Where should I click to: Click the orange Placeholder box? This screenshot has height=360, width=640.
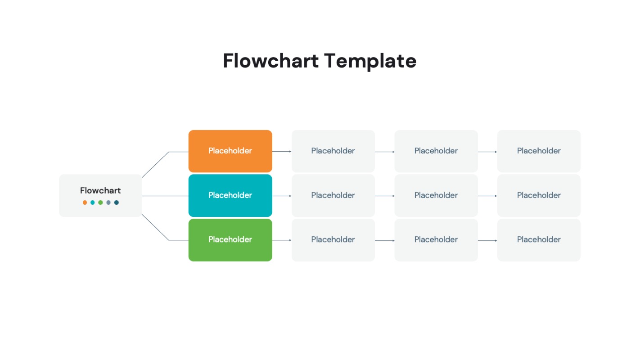230,151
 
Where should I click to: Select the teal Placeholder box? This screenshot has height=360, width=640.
230,195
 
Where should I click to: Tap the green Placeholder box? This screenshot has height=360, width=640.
230,240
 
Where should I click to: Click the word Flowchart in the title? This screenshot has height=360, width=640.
270,61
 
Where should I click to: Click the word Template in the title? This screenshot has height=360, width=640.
370,61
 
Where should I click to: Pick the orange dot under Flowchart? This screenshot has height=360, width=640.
85,202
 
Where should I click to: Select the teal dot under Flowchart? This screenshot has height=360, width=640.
93,202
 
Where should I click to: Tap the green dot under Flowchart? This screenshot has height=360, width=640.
100,202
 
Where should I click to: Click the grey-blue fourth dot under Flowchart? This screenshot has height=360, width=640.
108,202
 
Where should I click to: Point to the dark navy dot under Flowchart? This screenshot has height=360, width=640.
117,202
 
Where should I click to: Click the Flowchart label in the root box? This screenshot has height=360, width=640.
100,190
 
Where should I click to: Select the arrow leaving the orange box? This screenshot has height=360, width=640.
282,152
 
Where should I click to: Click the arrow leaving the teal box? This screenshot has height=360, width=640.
282,196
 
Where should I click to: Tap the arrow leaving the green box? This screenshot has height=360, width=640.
282,240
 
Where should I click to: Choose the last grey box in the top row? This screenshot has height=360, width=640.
539,151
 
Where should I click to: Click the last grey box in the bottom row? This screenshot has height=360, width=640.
539,240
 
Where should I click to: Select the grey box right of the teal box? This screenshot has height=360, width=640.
333,195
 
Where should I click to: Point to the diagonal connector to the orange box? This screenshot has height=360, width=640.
155,165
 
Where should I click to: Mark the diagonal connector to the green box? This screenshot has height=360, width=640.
155,227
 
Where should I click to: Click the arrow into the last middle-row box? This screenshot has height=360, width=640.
487,196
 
